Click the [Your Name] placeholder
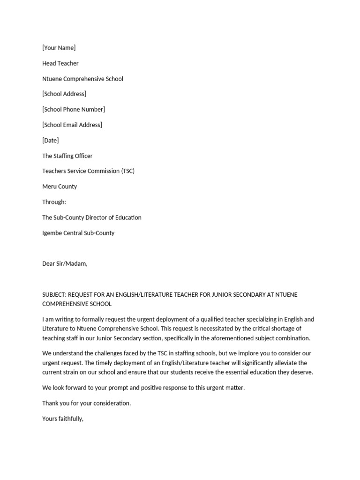pos(59,48)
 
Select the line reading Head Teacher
pos(60,63)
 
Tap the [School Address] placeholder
pos(64,94)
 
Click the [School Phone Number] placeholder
pos(74,109)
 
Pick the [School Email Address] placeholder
pos(72,125)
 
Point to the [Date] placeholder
pos(51,140)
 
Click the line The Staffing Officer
pos(67,156)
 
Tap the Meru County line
pos(60,187)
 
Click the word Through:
pos(54,202)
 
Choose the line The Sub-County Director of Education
pos(92,217)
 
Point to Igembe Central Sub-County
pos(78,233)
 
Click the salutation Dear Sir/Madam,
pos(65,263)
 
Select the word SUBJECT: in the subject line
pos(54,294)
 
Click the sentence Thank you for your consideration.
pos(87,403)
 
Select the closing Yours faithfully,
pos(63,419)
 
